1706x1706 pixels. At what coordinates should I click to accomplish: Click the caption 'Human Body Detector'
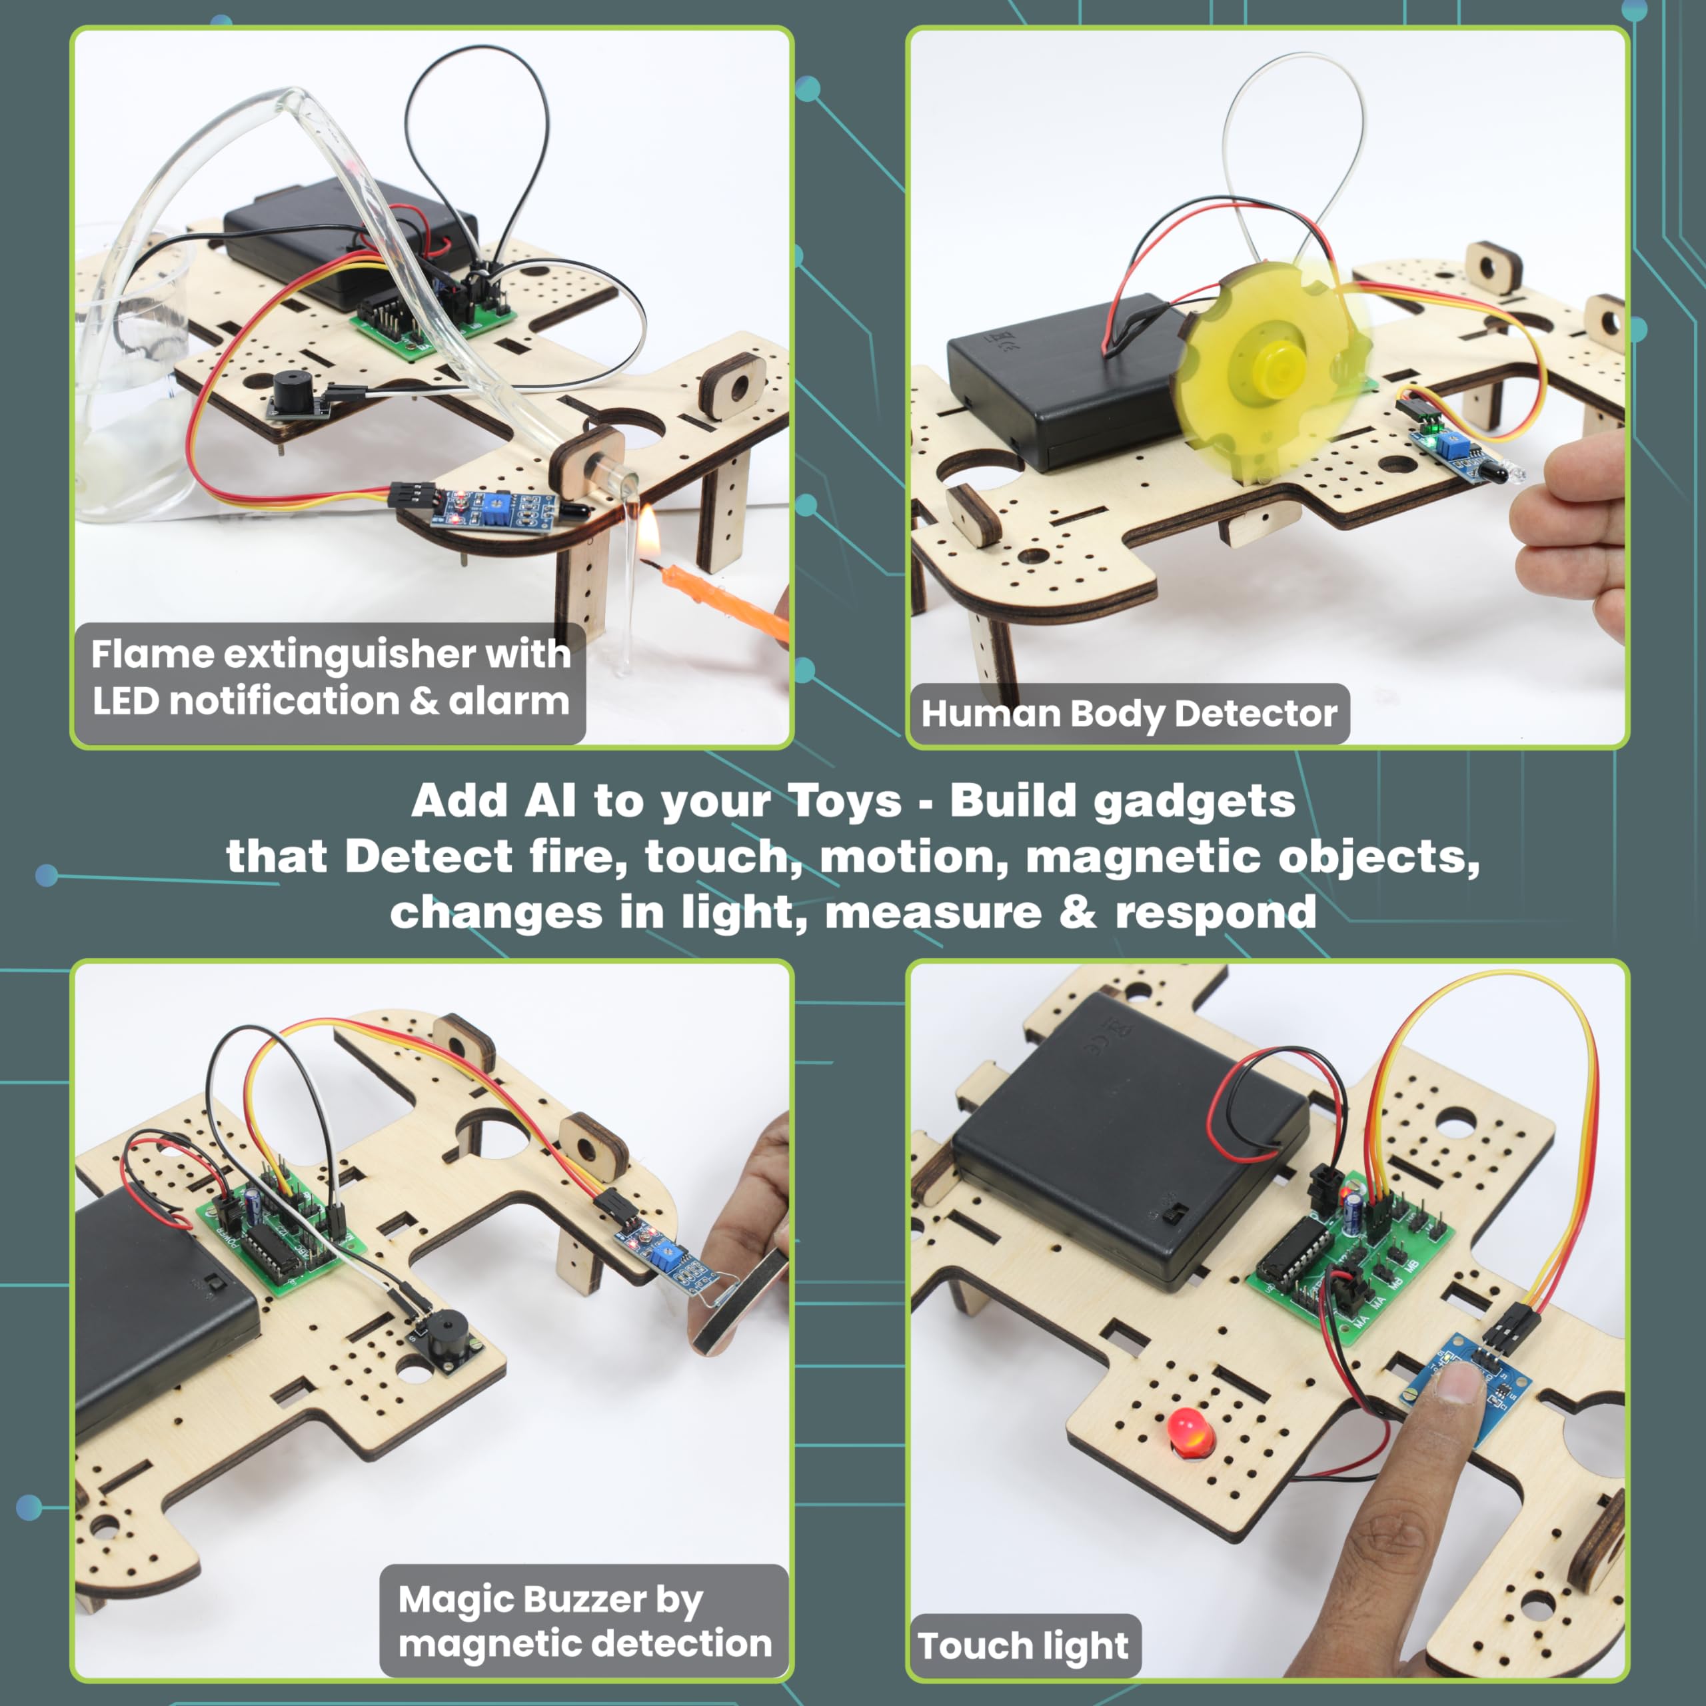(x=1128, y=714)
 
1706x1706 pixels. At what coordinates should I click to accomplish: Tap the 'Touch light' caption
(x=1022, y=1646)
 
